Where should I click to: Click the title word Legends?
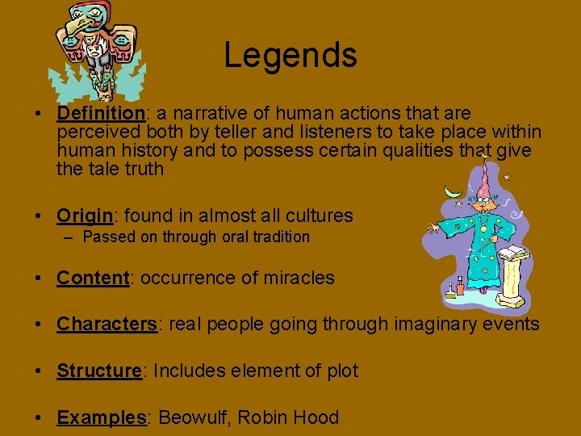click(x=290, y=55)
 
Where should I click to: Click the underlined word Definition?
click(x=99, y=113)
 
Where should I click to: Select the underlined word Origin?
click(x=84, y=216)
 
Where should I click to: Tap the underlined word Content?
click(x=93, y=278)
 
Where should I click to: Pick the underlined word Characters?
click(x=107, y=325)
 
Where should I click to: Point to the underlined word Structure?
click(x=98, y=371)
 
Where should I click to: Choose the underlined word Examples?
click(x=101, y=417)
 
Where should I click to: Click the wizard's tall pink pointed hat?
click(x=484, y=178)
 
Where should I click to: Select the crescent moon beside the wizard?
click(x=454, y=193)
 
